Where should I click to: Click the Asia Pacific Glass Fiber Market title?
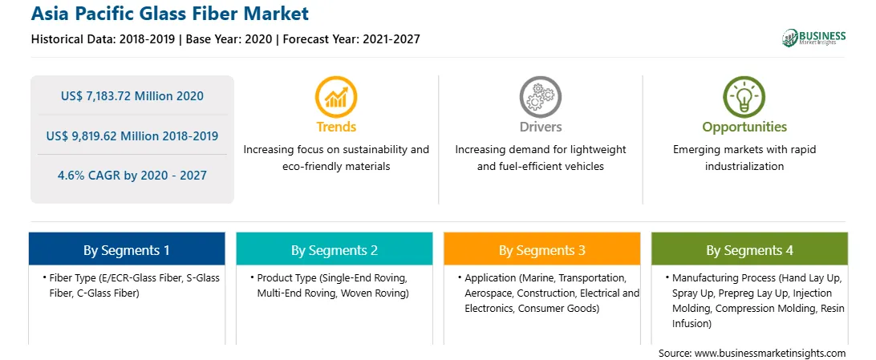(x=170, y=14)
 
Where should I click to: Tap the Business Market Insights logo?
(x=813, y=38)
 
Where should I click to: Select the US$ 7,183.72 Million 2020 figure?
(x=132, y=96)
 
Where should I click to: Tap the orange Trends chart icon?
(x=336, y=96)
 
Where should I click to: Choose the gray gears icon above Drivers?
(x=540, y=96)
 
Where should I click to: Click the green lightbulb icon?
(x=744, y=96)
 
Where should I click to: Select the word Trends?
(x=336, y=127)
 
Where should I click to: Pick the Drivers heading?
(x=540, y=127)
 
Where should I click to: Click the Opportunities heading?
(x=744, y=127)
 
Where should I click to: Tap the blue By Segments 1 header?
(x=126, y=249)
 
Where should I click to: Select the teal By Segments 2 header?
(x=334, y=249)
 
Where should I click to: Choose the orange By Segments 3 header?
(x=542, y=249)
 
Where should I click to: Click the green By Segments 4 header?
(x=749, y=249)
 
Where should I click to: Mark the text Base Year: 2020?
(x=229, y=39)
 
